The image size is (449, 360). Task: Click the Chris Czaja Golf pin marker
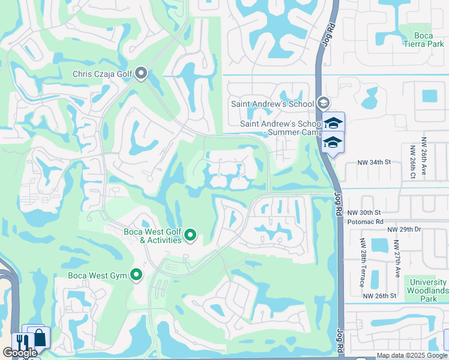142,74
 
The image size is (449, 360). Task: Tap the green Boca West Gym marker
136,275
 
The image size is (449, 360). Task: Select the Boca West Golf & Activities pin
190,235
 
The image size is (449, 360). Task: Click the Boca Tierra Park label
432,40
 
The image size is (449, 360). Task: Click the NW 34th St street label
374,163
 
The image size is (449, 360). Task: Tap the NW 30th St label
364,212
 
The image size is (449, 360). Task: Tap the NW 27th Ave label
397,259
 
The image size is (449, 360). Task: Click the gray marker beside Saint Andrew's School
324,103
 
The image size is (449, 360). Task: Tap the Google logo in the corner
20,353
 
